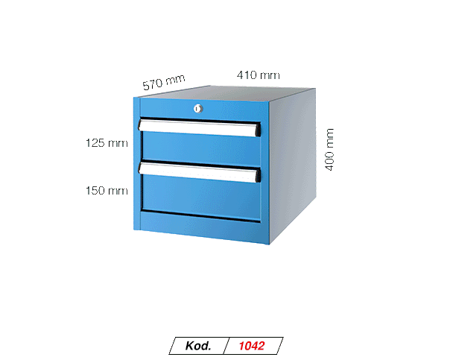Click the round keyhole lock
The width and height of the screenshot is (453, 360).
click(197, 110)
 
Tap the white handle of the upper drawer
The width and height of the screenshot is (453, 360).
click(199, 127)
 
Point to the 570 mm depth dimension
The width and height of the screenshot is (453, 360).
click(163, 81)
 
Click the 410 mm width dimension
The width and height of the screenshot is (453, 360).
click(258, 75)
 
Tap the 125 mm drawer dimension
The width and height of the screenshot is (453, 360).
click(107, 143)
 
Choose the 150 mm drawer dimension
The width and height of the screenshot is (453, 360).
click(107, 191)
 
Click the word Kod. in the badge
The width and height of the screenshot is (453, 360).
click(197, 346)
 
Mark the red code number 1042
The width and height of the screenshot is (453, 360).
click(252, 346)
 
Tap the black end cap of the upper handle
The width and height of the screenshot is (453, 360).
click(259, 130)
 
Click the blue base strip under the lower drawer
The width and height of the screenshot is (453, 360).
click(200, 229)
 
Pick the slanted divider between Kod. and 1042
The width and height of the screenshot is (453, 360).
click(224, 346)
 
